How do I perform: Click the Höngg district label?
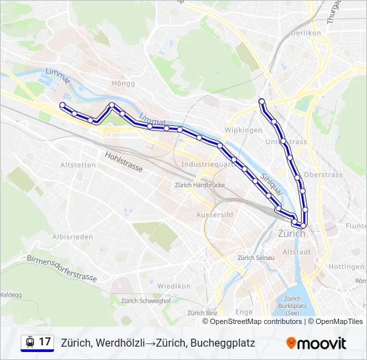coord(125,83)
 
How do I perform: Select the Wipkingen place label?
coord(244,130)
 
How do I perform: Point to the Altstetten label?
coord(78,165)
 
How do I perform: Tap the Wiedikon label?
coord(174,286)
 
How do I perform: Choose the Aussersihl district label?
coord(214,215)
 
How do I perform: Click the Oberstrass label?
coord(323,175)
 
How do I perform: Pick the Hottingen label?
coord(346,267)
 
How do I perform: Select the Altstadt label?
coord(297,252)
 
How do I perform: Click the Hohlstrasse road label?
coord(123,162)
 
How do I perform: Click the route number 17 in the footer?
coord(45,342)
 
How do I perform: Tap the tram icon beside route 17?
coord(30,342)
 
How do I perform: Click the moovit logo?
coord(316,343)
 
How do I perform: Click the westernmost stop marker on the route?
coord(62,105)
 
